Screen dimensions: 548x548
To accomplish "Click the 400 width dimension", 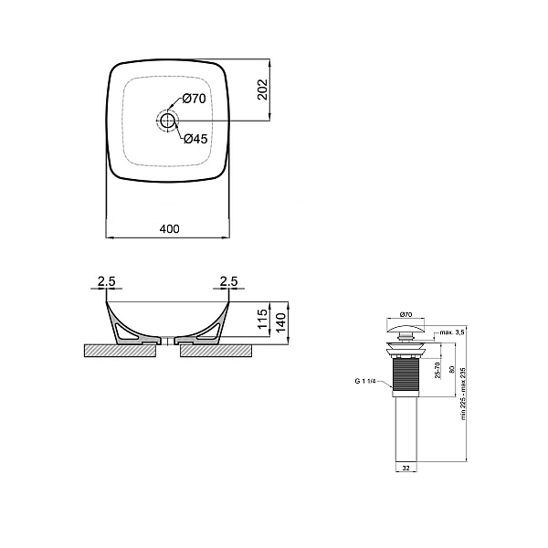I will pyautogui.click(x=169, y=227).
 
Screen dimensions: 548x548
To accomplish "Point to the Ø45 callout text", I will pyautogui.click(x=195, y=139).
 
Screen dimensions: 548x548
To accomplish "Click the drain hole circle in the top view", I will pyautogui.click(x=167, y=120).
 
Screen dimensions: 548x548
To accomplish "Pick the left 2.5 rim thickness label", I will pyautogui.click(x=105, y=282).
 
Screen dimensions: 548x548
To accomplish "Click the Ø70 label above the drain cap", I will pyautogui.click(x=404, y=313).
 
